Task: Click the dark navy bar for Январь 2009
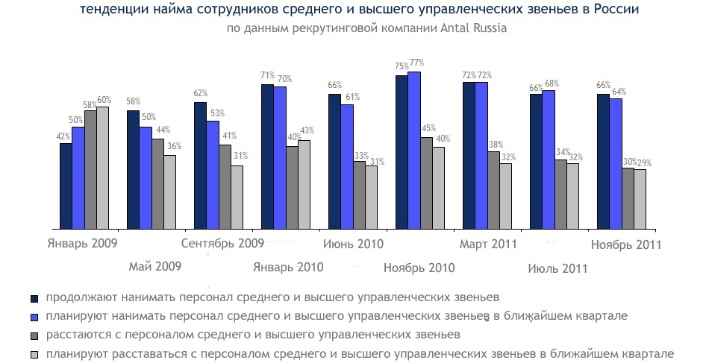66,186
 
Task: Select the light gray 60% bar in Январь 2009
103,168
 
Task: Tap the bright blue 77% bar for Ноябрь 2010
414,151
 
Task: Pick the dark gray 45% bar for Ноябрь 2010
426,183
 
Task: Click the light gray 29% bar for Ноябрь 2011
640,199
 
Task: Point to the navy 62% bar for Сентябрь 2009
200,165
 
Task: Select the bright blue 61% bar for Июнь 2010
347,167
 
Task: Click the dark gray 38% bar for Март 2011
493,190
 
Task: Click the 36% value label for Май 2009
174,146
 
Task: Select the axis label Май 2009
155,266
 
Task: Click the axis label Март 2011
488,244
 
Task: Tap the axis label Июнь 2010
354,244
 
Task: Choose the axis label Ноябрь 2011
626,244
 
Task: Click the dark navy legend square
34,298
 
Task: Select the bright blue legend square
34,317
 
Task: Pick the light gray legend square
34,355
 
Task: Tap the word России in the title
616,9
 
